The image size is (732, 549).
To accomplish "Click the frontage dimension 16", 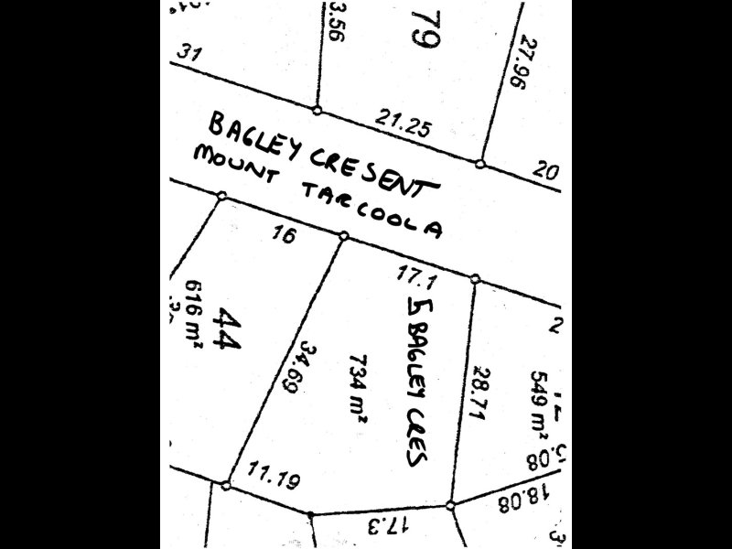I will click(x=285, y=235).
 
